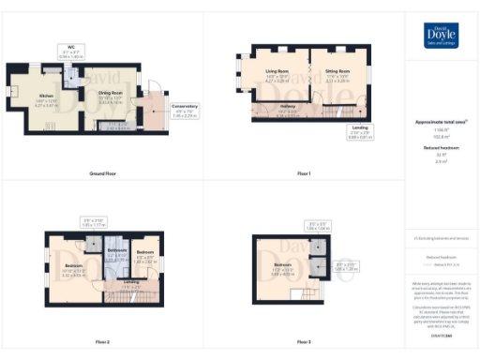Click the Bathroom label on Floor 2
(x=116, y=251)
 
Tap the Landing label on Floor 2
(x=131, y=282)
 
